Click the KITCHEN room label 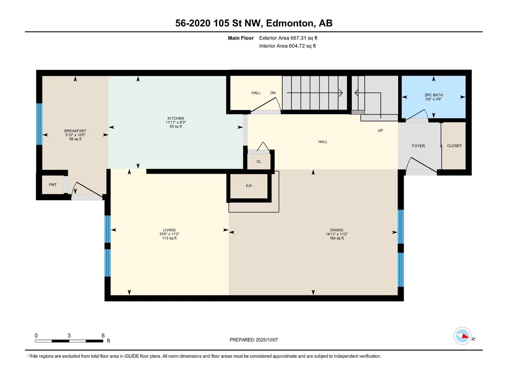[x=176, y=118]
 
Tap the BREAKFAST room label [x=75, y=131]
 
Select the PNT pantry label [x=53, y=185]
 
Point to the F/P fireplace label [x=249, y=186]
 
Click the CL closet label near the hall [x=259, y=162]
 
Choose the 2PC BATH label [x=433, y=95]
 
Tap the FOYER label [x=418, y=146]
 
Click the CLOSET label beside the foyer [x=454, y=146]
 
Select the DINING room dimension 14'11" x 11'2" [x=337, y=234]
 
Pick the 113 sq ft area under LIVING [x=169, y=238]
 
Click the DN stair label [x=273, y=93]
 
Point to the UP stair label [x=380, y=131]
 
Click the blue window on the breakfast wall [x=40, y=124]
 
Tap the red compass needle [x=465, y=336]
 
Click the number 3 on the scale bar [x=69, y=336]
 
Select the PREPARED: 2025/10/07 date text [x=254, y=340]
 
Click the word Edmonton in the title [x=289, y=23]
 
